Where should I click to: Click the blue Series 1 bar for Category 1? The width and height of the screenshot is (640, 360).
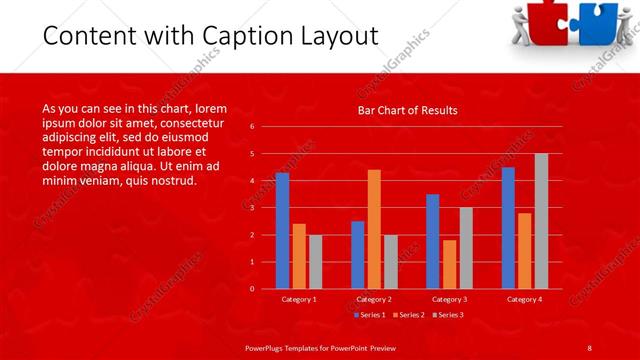point(282,231)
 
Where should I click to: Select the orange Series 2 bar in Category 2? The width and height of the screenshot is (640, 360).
point(374,229)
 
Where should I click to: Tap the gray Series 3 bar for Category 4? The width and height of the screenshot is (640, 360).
point(541,221)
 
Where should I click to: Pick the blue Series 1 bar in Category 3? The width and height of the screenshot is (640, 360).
point(433,241)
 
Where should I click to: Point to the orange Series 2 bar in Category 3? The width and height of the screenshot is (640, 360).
point(449,264)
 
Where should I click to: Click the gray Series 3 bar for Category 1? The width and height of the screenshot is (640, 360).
point(315,261)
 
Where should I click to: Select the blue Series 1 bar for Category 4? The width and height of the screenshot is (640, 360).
point(508,228)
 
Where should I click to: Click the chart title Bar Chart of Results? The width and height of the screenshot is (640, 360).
point(407,110)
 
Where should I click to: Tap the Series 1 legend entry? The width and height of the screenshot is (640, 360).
point(370,314)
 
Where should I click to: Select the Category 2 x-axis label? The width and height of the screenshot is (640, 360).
point(374,299)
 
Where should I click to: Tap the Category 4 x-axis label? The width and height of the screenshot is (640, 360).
point(525,299)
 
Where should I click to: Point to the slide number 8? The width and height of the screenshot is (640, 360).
point(589,346)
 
